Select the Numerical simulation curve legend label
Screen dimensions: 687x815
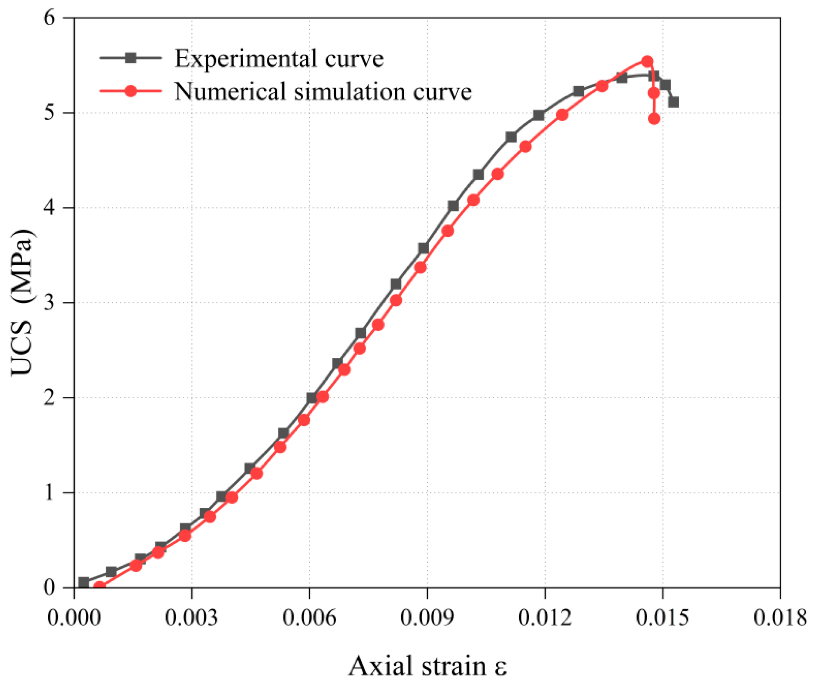323,92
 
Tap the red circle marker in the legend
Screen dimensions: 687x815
131,91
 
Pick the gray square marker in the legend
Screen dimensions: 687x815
131,58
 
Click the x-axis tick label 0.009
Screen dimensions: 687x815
427,618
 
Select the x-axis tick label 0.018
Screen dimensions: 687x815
780,618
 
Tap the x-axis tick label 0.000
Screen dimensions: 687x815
74,618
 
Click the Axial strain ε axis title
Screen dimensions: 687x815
427,666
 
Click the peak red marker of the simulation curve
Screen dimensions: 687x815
647,61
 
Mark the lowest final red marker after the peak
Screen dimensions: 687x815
654,119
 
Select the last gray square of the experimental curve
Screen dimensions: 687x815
674,102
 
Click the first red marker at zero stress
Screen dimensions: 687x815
99,587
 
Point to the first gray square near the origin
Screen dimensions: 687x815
84,582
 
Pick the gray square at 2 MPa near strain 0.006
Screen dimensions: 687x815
312,398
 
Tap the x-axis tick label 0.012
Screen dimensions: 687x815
545,618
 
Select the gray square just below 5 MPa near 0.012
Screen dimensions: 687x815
538,115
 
